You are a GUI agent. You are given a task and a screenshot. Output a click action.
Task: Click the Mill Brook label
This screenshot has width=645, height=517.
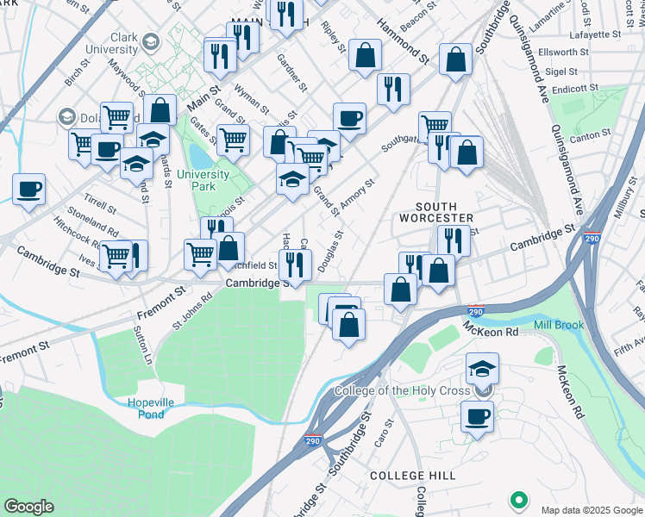(x=559, y=325)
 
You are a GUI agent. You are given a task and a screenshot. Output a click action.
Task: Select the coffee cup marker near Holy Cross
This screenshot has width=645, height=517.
(x=476, y=418)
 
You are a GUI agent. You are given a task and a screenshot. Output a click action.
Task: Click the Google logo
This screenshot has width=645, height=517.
(x=28, y=507)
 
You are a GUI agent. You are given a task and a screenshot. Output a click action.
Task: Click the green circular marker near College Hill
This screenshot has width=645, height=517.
(x=519, y=500)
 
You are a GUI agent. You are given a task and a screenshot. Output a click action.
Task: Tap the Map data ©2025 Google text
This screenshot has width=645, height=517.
(x=591, y=508)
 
